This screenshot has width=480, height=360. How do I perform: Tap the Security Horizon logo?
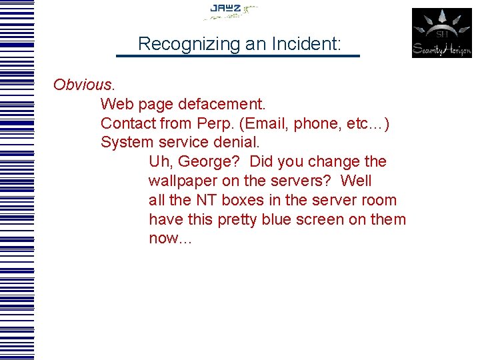[441, 33]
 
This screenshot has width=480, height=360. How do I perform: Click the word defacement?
[224, 105]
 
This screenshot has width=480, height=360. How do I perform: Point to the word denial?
[237, 143]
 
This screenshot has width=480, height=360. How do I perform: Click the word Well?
[356, 181]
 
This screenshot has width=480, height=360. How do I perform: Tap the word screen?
[323, 220]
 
